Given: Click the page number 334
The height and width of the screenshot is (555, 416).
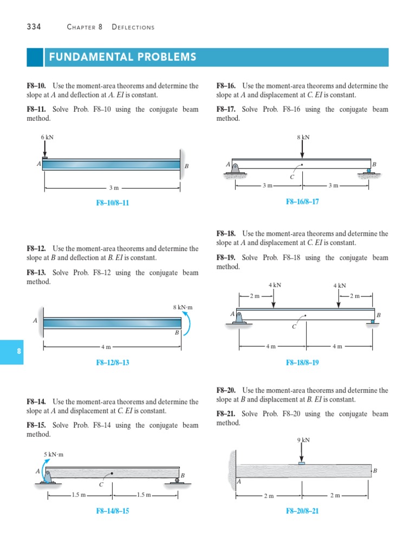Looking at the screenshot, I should [x=34, y=27].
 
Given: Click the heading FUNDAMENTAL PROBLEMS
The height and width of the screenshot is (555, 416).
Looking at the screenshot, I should [x=123, y=57].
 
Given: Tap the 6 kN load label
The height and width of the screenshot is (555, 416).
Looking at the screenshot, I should [x=47, y=137].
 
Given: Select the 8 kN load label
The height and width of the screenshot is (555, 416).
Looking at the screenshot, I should [x=303, y=137].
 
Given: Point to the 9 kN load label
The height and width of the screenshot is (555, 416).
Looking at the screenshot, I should [x=303, y=440].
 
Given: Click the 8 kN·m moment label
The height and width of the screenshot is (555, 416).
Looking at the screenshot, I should [x=183, y=308].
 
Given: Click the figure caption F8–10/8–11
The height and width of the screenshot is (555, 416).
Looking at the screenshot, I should [x=113, y=203].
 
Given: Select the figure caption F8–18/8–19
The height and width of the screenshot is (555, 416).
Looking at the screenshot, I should [x=302, y=362].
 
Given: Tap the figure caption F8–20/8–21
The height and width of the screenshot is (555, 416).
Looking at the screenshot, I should [x=302, y=511].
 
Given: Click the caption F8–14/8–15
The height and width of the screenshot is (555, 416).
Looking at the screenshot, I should [x=113, y=511].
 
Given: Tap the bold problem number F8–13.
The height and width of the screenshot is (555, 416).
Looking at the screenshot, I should [x=36, y=273].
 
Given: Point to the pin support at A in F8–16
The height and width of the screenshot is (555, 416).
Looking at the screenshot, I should [x=236, y=169].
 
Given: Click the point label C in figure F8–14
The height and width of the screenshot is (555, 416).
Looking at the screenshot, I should [x=101, y=485].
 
